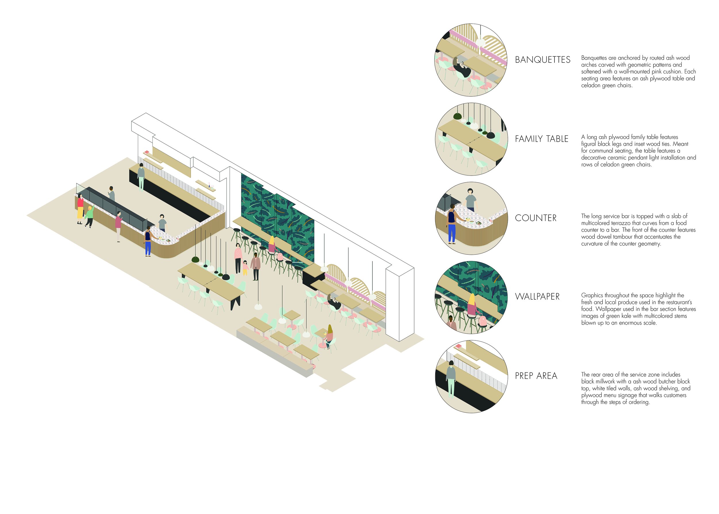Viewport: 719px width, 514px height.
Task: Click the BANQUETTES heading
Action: pyautogui.click(x=542, y=60)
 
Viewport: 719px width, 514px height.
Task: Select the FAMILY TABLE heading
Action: pyautogui.click(x=541, y=139)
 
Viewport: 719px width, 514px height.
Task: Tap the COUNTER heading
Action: pyautogui.click(x=535, y=218)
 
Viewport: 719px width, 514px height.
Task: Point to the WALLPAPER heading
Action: pyautogui.click(x=537, y=296)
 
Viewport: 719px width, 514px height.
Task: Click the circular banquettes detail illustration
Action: pyautogui.click(x=471, y=60)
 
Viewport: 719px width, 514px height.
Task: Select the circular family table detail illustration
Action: pyautogui.click(x=471, y=139)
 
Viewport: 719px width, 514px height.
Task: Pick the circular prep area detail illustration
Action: pyautogui.click(x=471, y=376)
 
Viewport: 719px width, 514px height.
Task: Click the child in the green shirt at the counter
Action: pyautogui.click(x=89, y=216)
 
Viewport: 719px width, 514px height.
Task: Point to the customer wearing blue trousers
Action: pyautogui.click(x=148, y=242)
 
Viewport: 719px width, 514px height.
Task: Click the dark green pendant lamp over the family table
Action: pyautogui.click(x=195, y=260)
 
